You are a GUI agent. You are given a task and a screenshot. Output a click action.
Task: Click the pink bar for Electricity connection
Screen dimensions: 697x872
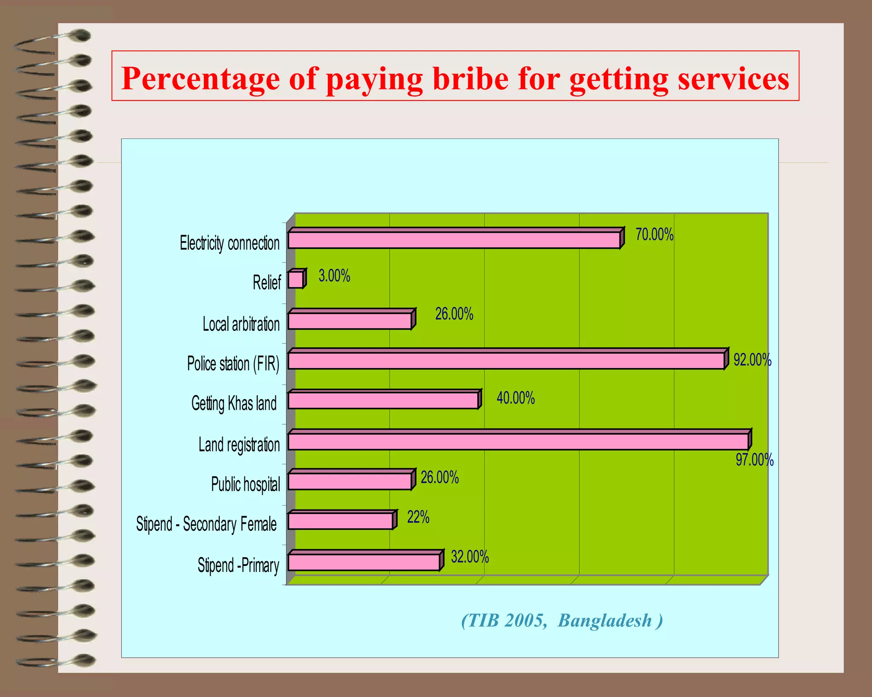click(x=453, y=240)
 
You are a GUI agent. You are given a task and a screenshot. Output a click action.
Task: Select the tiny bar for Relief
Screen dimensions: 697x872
click(x=295, y=280)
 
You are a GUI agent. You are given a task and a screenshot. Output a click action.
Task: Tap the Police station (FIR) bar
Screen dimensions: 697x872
click(x=506, y=360)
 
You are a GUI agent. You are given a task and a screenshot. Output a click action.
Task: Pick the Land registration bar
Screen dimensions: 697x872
click(x=518, y=441)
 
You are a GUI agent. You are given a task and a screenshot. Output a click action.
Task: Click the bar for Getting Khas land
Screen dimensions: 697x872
click(x=383, y=400)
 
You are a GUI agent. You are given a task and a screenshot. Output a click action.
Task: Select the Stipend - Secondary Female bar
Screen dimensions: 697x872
click(x=340, y=521)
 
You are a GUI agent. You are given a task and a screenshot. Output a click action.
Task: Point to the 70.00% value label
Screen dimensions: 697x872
click(x=654, y=234)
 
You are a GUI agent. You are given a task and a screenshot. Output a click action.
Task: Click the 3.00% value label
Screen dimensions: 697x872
click(x=334, y=276)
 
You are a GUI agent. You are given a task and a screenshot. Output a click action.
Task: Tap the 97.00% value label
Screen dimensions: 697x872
click(x=754, y=460)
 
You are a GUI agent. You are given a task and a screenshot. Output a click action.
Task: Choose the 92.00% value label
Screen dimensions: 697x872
click(x=752, y=360)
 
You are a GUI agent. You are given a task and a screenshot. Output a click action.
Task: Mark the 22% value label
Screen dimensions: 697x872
click(x=418, y=517)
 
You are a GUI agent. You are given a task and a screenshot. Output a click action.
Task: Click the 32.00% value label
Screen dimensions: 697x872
click(x=470, y=557)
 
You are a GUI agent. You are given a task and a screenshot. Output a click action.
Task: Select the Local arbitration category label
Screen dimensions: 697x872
click(x=241, y=324)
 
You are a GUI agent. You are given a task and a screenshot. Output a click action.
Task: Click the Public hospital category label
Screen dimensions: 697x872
click(x=246, y=484)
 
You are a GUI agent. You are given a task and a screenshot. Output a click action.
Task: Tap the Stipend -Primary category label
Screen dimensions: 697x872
click(x=238, y=566)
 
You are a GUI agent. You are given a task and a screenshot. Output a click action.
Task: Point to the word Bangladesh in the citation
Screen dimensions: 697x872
click(x=605, y=620)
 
